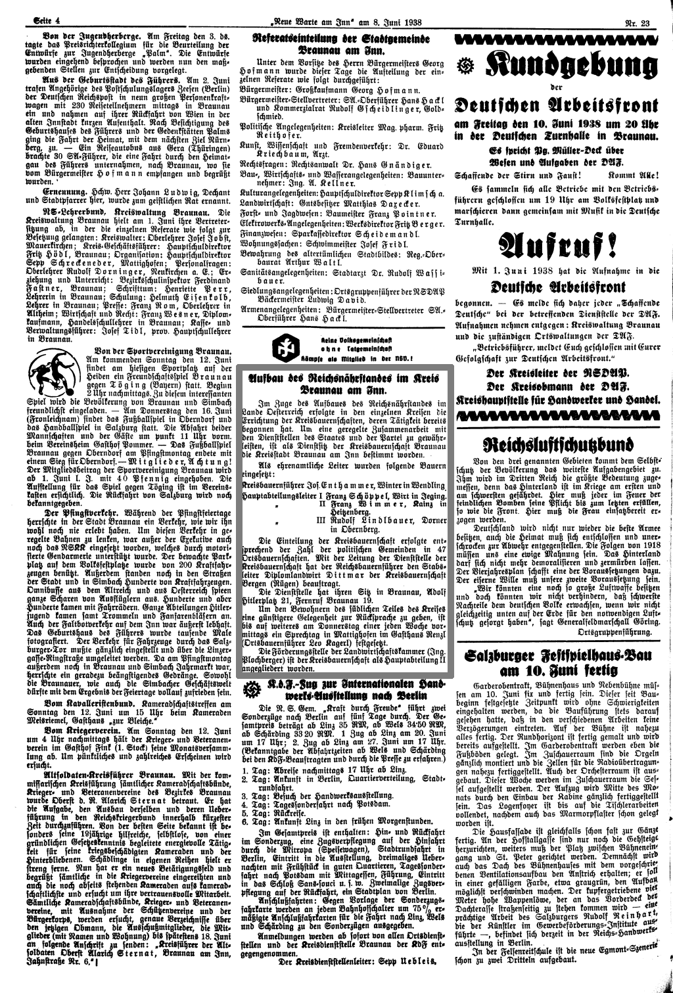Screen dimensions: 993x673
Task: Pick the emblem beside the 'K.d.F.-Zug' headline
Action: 250,690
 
